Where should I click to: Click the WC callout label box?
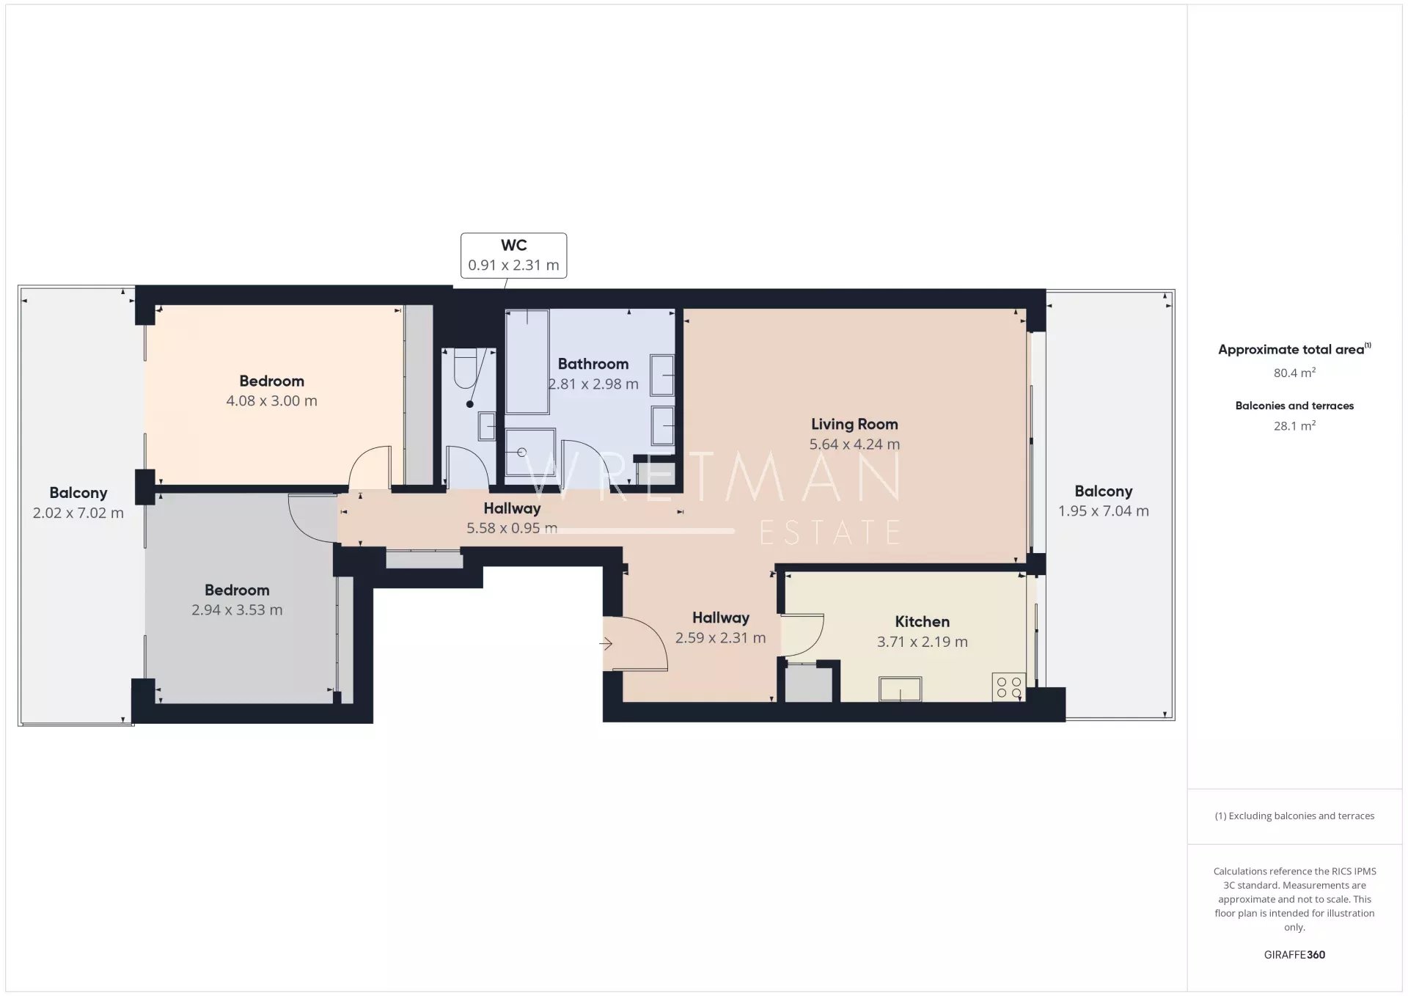click(513, 255)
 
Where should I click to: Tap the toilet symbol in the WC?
click(466, 368)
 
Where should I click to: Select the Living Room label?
click(854, 424)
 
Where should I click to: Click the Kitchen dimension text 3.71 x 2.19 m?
click(922, 642)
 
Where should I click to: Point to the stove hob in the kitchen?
click(1008, 687)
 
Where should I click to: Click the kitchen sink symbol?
click(901, 689)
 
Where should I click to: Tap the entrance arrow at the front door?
click(606, 644)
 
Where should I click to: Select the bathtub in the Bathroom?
click(527, 362)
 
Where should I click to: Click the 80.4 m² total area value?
click(1294, 373)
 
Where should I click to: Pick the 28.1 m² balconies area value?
click(1294, 425)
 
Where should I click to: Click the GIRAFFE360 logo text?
click(1294, 954)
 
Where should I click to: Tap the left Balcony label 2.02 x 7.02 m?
click(78, 503)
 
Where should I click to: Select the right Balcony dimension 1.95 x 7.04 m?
click(1103, 511)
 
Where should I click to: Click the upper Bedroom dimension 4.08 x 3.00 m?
click(271, 400)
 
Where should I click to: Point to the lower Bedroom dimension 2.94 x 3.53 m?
click(237, 609)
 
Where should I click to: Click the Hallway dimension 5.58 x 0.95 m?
click(512, 528)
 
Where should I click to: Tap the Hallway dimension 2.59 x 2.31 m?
click(720, 638)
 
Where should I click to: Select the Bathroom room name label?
click(593, 364)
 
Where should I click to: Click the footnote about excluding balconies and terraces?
click(1294, 816)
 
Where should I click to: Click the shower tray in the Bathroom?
click(530, 452)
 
